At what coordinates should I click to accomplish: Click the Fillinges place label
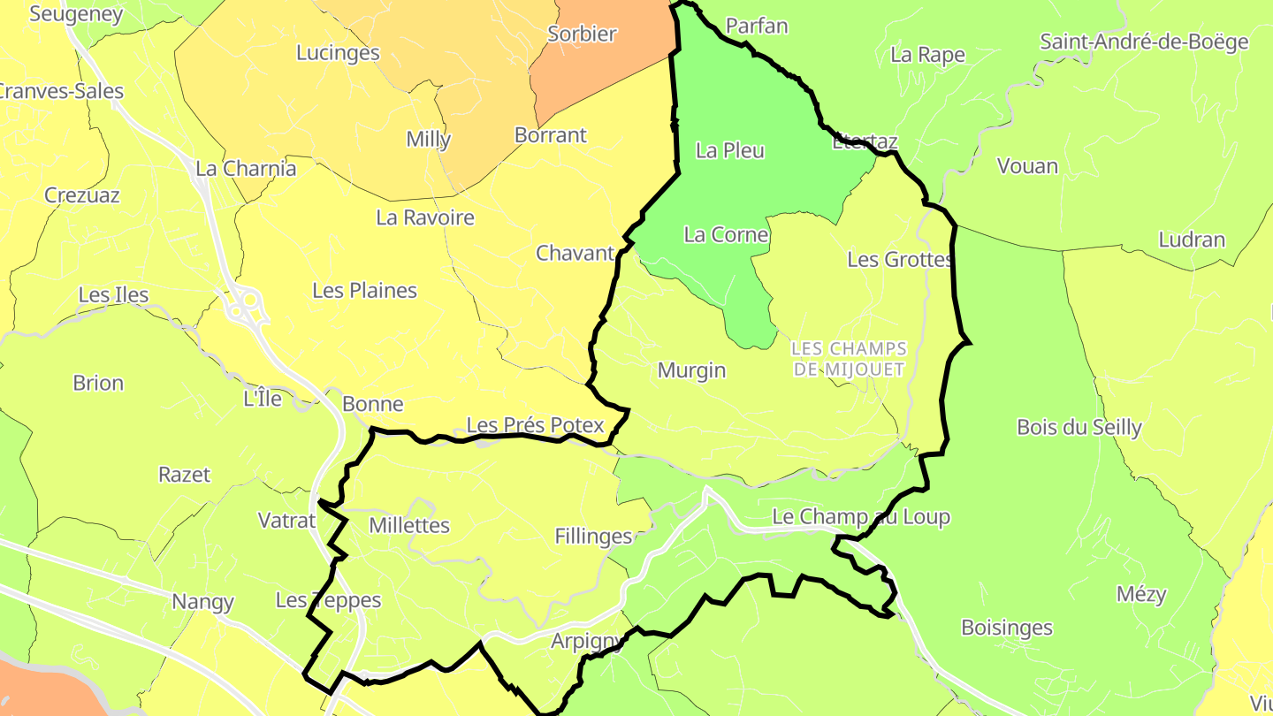coord(593,537)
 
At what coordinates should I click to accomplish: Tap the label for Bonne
coord(372,405)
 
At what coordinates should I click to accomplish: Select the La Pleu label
coord(730,150)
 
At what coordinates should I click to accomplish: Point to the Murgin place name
coord(691,370)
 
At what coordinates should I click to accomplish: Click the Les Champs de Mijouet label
coord(849,359)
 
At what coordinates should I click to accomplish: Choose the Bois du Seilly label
coord(1079,428)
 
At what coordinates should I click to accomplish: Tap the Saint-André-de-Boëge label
coord(1144,42)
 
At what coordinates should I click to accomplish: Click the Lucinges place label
coord(338,53)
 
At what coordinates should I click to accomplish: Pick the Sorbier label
coord(582,34)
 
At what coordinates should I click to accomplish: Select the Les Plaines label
coord(364,291)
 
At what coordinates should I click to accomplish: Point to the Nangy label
coord(202,603)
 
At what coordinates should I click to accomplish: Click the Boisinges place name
coord(1007,628)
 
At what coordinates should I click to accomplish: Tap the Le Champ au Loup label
coord(861,517)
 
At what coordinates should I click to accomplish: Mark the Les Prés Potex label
coord(535,425)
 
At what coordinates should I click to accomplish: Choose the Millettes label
coord(409,526)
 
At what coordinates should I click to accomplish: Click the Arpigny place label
coord(587,641)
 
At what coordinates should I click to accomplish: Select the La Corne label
coord(726,235)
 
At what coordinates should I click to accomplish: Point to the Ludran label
coord(1192,240)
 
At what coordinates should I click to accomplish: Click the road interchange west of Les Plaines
coord(246,305)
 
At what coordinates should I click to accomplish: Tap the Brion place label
coord(98,384)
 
